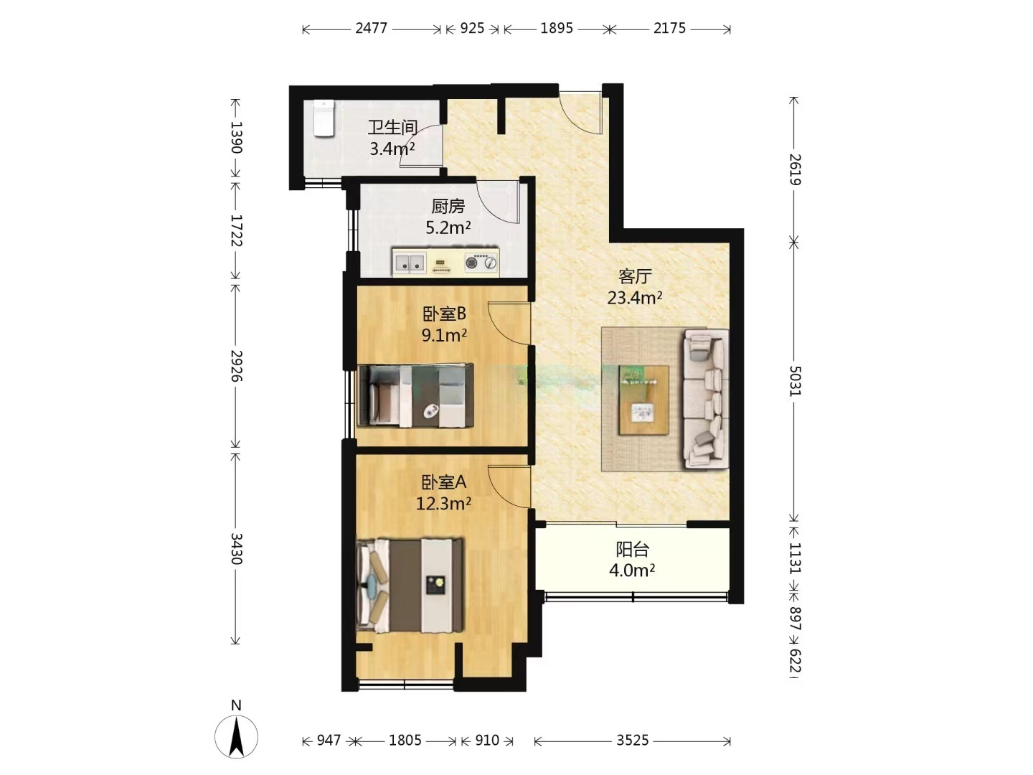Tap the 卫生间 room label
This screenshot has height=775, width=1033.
coord(392,128)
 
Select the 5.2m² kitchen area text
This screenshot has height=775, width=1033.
coord(448,228)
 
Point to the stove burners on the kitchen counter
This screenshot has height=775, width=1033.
coord(481,263)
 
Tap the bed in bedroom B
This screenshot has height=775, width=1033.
coord(415,395)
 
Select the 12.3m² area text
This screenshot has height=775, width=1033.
coord(443,504)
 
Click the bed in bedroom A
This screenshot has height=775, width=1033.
coord(410,586)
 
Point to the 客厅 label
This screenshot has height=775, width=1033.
coord(635,277)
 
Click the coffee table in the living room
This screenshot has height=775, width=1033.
coord(643,400)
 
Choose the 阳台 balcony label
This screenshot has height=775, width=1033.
coord(633,549)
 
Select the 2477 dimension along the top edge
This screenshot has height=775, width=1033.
coord(372,29)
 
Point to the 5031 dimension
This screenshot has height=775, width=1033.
coord(794,380)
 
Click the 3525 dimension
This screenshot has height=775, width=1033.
coord(633,741)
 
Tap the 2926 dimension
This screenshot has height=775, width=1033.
coord(236,366)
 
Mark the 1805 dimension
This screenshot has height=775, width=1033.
coord(405,741)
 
